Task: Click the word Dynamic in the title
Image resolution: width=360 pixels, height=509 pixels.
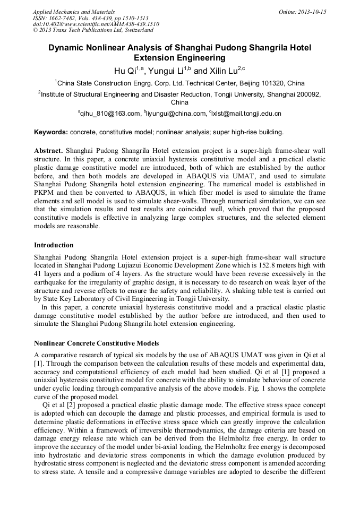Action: [67, 48]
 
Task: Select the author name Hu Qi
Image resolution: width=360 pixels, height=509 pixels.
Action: [125, 71]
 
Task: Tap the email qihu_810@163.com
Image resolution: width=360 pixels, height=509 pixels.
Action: [109, 114]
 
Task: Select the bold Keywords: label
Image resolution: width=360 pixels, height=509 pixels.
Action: [51, 132]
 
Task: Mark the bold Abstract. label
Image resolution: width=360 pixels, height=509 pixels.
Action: [49, 150]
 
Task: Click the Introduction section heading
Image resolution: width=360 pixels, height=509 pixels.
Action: [54, 245]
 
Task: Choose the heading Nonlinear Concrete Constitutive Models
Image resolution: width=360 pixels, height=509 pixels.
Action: [96, 343]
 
